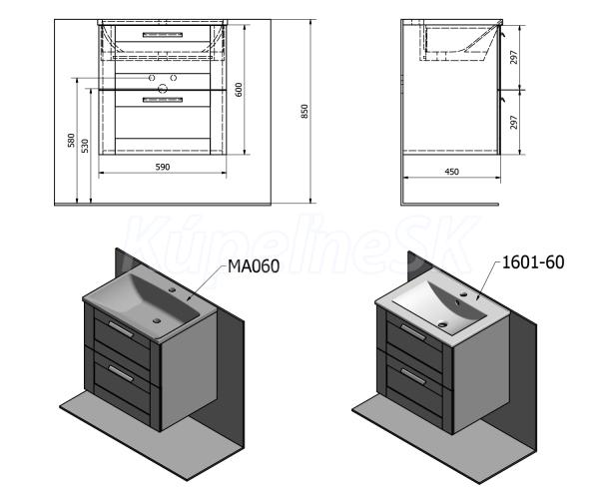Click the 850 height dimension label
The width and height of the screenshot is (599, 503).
click(x=304, y=111)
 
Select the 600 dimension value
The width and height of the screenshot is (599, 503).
click(x=239, y=90)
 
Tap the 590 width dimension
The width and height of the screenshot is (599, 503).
click(x=163, y=167)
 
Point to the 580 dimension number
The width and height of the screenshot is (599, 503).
click(x=71, y=140)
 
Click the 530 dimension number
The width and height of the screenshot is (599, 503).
click(x=85, y=146)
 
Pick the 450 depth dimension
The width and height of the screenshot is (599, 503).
click(x=451, y=172)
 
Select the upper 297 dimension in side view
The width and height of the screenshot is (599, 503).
click(x=514, y=57)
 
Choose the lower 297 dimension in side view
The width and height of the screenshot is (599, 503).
click(x=514, y=122)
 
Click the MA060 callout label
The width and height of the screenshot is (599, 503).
click(x=254, y=266)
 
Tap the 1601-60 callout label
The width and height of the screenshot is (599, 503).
click(x=533, y=262)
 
